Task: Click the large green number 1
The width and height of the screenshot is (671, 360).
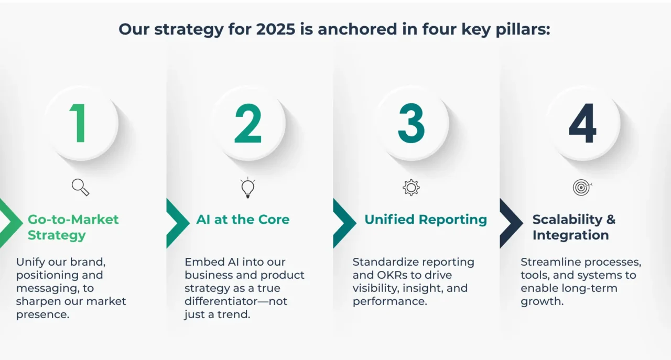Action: (79, 123)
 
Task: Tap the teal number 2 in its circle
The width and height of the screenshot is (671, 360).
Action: (248, 123)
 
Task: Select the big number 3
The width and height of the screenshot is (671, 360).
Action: (412, 123)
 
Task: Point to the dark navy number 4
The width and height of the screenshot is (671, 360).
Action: (582, 123)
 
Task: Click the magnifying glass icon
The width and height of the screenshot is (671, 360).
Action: (80, 188)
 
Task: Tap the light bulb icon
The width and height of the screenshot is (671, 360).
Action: (248, 188)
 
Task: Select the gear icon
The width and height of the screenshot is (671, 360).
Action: (412, 188)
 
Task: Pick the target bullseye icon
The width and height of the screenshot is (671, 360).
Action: (582, 188)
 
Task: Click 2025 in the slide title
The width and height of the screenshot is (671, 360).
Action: (276, 29)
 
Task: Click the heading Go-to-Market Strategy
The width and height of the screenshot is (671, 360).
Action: (73, 227)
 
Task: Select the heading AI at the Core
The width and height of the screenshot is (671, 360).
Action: (243, 220)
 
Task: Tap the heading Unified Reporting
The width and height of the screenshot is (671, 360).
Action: (426, 220)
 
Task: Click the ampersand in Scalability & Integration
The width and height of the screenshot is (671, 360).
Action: (611, 220)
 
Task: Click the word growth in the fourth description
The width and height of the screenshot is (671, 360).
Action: (542, 302)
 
